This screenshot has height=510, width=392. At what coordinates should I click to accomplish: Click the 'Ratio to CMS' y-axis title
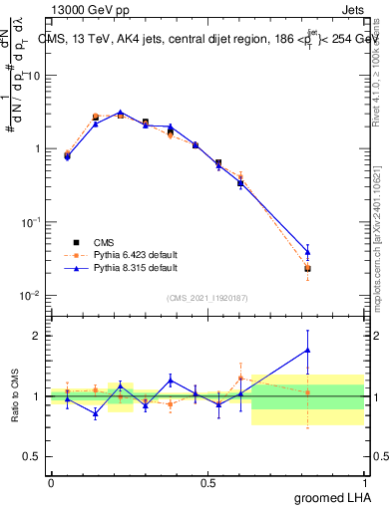point(17,396)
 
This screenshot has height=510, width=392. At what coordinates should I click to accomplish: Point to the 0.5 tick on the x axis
point(207,482)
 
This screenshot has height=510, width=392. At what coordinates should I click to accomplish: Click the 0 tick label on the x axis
point(51,482)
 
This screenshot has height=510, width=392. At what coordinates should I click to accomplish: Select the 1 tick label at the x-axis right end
point(365,482)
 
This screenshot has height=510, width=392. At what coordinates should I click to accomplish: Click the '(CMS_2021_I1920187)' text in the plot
point(206,298)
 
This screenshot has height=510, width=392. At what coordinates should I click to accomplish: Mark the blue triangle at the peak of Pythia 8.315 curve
point(120,113)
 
